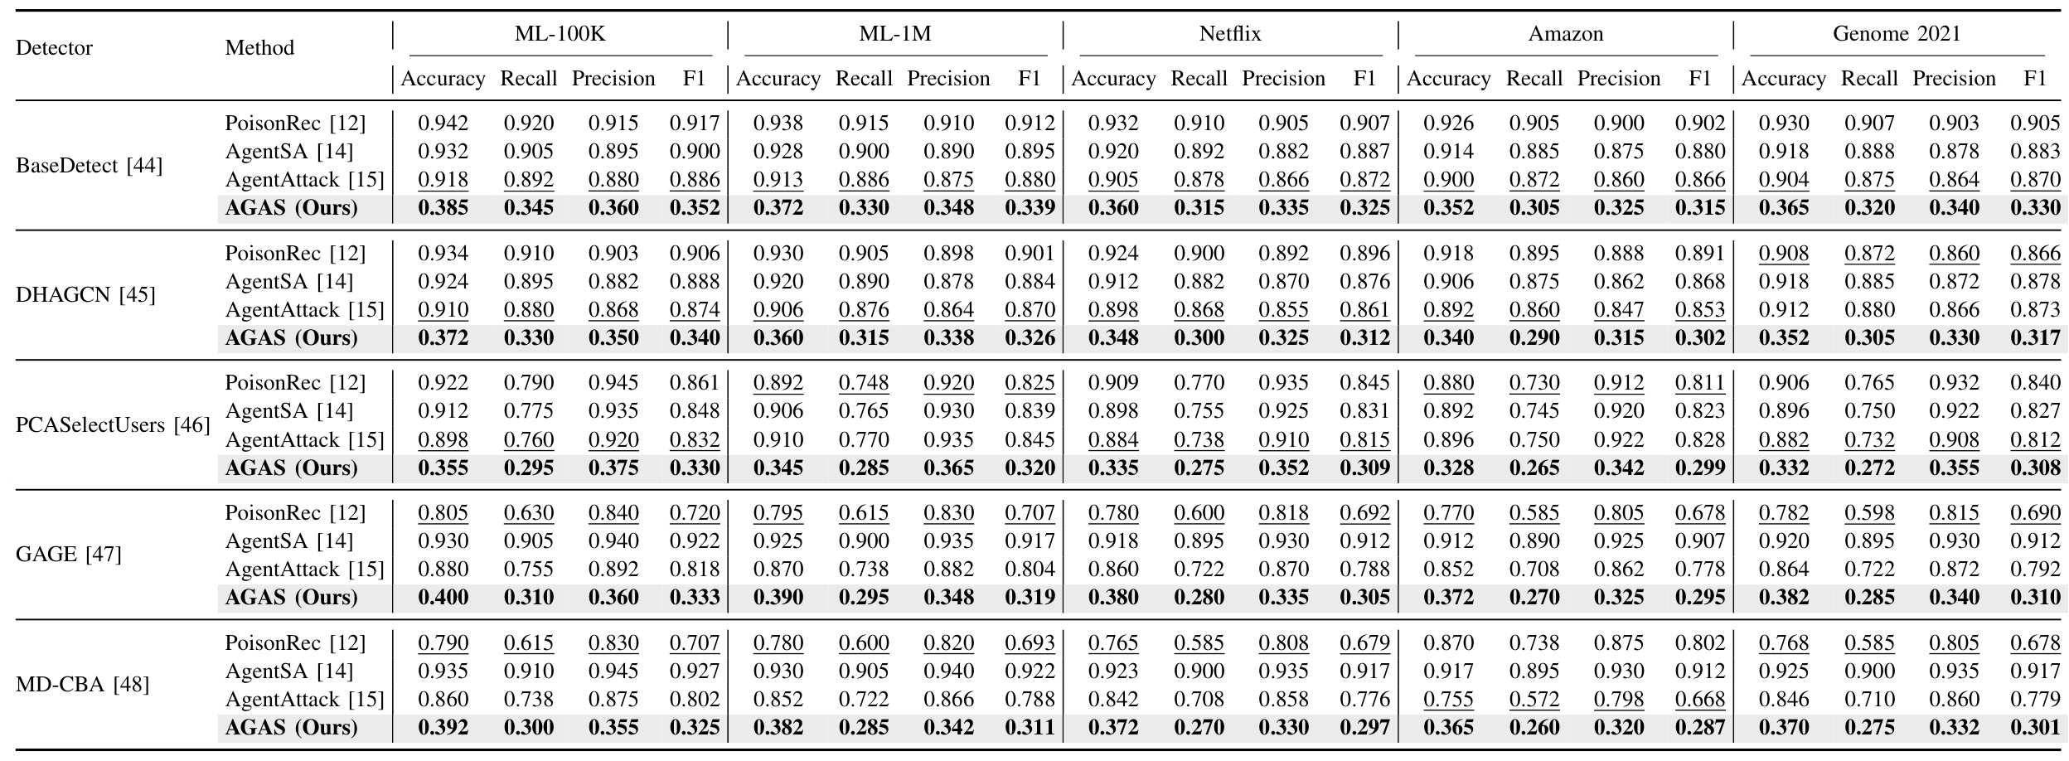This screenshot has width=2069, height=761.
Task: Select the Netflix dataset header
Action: coord(1230,34)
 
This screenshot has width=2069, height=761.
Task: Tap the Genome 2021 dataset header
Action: coord(1897,34)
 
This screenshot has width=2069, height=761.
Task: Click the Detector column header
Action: coord(54,48)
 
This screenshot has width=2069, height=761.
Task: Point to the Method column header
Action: coord(259,48)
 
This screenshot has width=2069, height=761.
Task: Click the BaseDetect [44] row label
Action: coord(89,166)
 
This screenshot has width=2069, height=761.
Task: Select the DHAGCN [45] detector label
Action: coord(85,295)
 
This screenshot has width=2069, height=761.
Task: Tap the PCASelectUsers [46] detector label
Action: coord(113,425)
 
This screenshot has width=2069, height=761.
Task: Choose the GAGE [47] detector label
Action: coord(68,555)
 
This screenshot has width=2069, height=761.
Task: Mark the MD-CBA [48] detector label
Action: coord(82,685)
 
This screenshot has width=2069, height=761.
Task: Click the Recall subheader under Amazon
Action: coord(1534,79)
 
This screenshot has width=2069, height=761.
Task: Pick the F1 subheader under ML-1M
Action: coord(1030,79)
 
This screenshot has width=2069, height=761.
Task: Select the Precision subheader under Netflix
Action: coord(1283,79)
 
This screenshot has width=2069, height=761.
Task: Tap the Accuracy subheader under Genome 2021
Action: coord(1784,79)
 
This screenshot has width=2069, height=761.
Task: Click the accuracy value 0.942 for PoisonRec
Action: coord(443,124)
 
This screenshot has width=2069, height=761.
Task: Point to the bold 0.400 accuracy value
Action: coord(443,598)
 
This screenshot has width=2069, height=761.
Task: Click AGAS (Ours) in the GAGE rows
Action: coord(292,598)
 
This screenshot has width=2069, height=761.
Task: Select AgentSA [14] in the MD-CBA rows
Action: coord(289,671)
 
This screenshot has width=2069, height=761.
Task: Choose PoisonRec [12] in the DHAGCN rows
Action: coord(295,253)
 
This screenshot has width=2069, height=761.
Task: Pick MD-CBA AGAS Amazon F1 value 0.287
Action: coord(1700,728)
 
